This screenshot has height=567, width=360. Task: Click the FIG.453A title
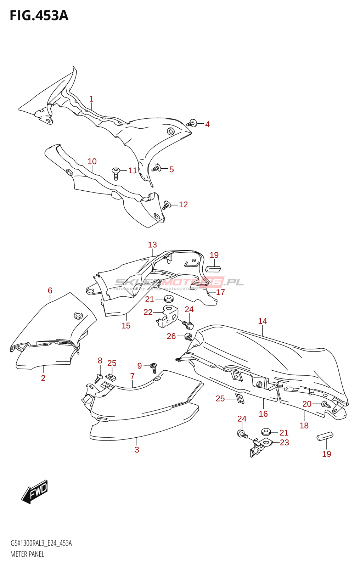(x=39, y=16)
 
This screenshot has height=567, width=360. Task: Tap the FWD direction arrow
(x=35, y=492)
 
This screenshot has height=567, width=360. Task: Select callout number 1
(x=91, y=99)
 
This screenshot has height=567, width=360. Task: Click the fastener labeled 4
(x=192, y=123)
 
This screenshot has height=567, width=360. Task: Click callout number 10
(x=92, y=162)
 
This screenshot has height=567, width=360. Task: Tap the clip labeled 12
(x=167, y=205)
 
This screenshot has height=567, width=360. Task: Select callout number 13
(x=152, y=245)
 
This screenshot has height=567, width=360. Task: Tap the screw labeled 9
(x=154, y=368)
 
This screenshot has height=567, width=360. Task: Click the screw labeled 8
(x=99, y=378)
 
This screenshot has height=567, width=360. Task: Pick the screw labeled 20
(x=326, y=404)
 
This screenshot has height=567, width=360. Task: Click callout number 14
(x=263, y=321)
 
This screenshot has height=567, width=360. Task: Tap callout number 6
(x=50, y=291)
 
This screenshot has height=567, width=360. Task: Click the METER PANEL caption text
(x=27, y=554)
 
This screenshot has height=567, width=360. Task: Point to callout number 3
(x=137, y=450)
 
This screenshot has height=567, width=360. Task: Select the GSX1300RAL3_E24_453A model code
(x=41, y=543)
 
